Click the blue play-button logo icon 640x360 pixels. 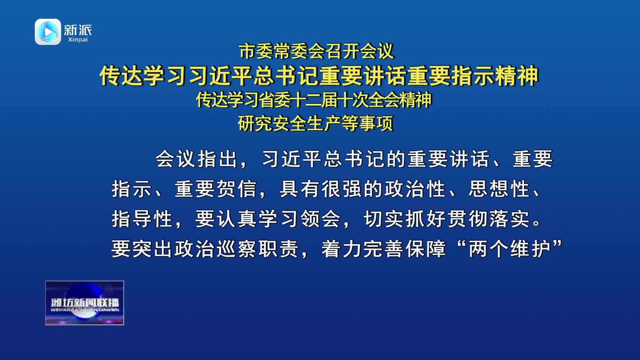click(48, 32)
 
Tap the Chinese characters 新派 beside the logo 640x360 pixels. click(78, 30)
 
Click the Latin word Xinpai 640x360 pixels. click(78, 40)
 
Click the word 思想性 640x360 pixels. click(499, 189)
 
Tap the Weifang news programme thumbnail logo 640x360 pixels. click(85, 303)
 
